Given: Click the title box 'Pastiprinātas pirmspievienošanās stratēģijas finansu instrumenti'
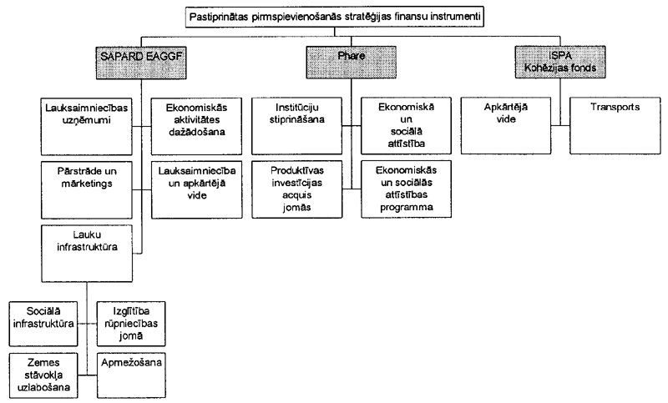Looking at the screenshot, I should tap(336, 16).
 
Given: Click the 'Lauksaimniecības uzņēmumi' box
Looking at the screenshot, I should tap(85, 125).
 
